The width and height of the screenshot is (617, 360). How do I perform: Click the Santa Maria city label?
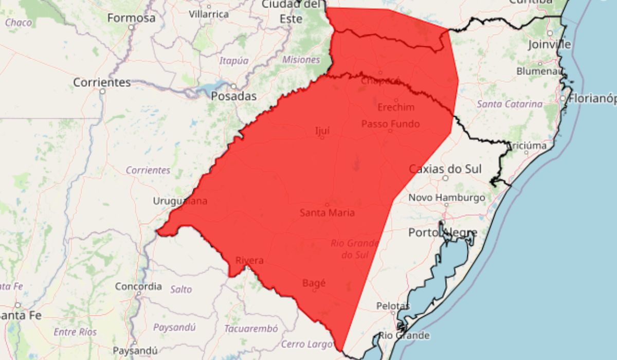coord(327,213)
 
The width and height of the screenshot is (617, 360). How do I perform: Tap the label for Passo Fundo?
coord(390,124)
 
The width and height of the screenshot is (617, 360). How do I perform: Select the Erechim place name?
coord(396,107)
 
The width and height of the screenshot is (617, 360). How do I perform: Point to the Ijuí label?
coord(322,131)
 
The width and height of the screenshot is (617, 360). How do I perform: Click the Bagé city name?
coord(314,283)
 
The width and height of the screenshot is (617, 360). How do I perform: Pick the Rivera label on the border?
coord(249,261)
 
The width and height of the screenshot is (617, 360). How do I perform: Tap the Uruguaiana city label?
coord(180,201)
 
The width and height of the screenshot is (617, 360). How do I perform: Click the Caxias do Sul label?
coord(445,169)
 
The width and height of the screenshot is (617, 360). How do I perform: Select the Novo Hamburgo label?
coord(446,197)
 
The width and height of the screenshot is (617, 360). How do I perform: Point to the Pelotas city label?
coord(393,306)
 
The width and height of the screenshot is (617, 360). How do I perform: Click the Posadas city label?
coord(234,96)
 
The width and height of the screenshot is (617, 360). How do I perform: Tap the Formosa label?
coord(131,18)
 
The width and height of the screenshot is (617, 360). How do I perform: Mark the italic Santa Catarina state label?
coord(510,104)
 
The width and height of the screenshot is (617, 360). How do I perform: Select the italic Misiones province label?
coord(301,60)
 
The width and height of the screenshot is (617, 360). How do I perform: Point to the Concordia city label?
coord(138,286)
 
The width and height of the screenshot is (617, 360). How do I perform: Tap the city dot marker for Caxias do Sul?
coord(445,178)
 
